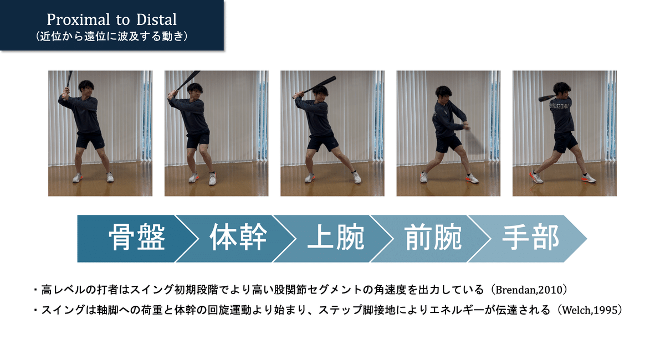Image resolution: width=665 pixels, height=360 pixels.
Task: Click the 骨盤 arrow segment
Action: [x=136, y=238]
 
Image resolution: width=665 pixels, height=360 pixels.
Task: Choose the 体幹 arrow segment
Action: [x=238, y=238]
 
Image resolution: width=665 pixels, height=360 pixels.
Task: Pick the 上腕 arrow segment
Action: [x=336, y=238]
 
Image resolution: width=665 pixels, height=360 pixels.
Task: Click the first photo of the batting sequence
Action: [x=100, y=133]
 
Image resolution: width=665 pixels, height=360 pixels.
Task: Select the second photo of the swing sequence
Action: [x=216, y=133]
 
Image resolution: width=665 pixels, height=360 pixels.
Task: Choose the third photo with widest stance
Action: [x=332, y=133]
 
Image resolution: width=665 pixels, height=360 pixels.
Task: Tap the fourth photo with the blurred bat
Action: [x=448, y=133]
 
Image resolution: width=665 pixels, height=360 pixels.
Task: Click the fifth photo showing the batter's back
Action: [x=564, y=133]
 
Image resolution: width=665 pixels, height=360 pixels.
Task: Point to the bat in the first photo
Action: [x=69, y=82]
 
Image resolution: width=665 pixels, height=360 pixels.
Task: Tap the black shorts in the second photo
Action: [x=198, y=140]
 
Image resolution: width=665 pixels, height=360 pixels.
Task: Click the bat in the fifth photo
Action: [x=548, y=97]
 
